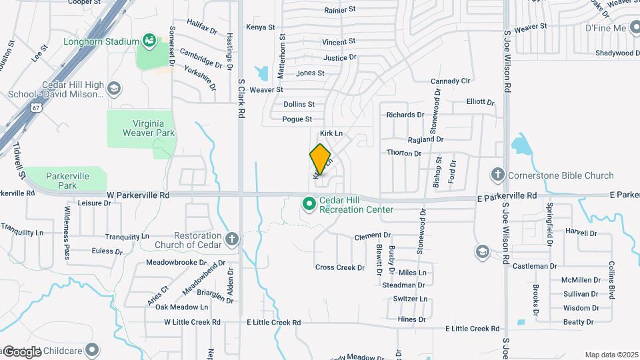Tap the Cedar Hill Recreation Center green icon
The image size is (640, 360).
(x=309, y=203)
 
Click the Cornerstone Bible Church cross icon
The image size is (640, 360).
(x=497, y=175)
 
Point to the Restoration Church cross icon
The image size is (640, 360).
(x=231, y=239)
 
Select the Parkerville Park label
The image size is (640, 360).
(x=67, y=180)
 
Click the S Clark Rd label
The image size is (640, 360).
(x=241, y=101)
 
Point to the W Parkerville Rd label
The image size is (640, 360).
(x=138, y=195)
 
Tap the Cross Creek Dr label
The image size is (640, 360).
(x=340, y=267)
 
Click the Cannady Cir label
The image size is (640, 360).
(x=451, y=81)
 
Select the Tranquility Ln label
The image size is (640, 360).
(x=127, y=237)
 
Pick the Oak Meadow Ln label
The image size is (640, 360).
(x=181, y=307)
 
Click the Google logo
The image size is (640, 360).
(x=22, y=351)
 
